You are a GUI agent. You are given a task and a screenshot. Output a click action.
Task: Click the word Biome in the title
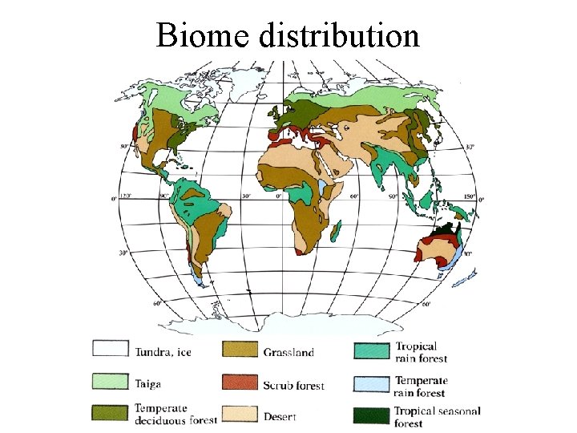pyautogui.click(x=206, y=36)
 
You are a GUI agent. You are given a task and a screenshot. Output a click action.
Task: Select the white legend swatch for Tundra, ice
pyautogui.click(x=111, y=349)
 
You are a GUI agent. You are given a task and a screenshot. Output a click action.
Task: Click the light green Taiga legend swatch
pyautogui.click(x=111, y=382)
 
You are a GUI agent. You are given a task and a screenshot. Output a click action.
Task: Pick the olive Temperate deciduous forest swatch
pyautogui.click(x=111, y=414)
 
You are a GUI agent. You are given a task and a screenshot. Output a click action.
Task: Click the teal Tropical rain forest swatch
pyautogui.click(x=371, y=350)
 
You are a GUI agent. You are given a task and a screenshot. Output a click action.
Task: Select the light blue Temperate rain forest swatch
pyautogui.click(x=371, y=384)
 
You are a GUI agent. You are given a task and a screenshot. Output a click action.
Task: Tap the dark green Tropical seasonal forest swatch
pyautogui.click(x=371, y=415)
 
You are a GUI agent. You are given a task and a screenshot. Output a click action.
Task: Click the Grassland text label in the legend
pyautogui.click(x=288, y=351)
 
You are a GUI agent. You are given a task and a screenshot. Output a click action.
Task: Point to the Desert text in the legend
pyautogui.click(x=280, y=417)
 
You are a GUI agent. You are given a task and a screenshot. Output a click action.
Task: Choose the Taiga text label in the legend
pyautogui.click(x=149, y=385)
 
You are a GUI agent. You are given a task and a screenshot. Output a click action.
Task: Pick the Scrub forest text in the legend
pyautogui.click(x=293, y=386)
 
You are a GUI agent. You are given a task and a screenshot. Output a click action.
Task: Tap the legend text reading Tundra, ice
pyautogui.click(x=163, y=351)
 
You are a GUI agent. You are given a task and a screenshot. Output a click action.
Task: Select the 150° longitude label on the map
pyautogui.click(x=470, y=196)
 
